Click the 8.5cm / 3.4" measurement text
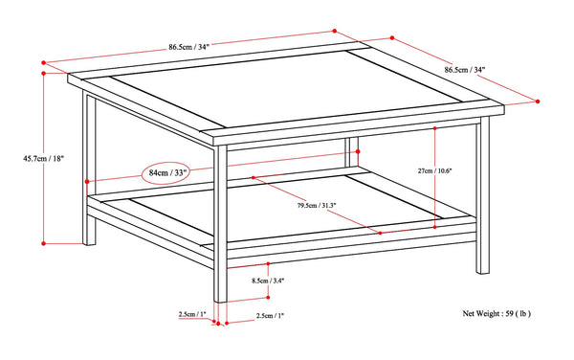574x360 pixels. (268, 280)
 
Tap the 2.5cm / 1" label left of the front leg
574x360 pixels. (192, 313)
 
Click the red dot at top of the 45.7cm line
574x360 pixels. (44, 73)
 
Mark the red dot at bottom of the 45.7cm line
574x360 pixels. (44, 243)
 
